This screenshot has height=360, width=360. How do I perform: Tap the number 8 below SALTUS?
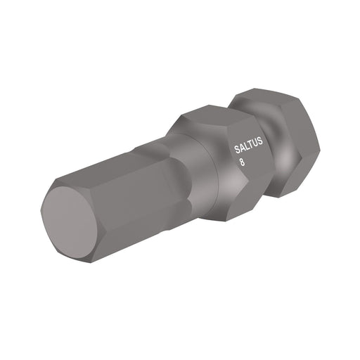(x=243, y=162)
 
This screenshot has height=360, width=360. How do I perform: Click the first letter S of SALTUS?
(x=236, y=150)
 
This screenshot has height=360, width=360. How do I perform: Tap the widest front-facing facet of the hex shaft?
(x=134, y=200)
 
